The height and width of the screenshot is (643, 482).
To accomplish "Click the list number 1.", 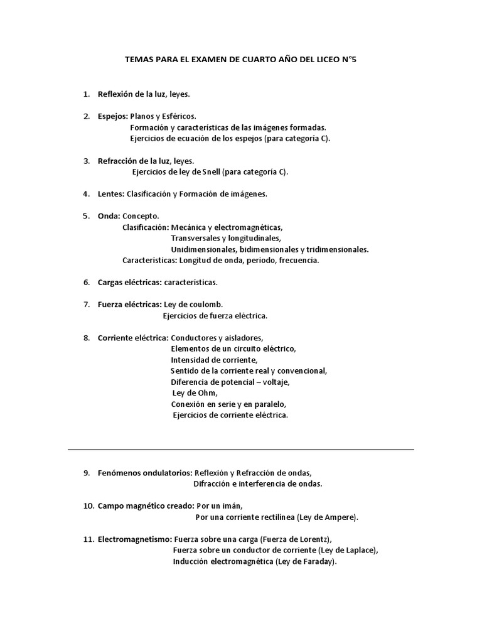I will (x=86, y=94).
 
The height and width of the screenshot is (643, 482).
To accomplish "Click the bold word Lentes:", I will (x=111, y=194).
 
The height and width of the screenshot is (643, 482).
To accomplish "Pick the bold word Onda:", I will (x=109, y=216).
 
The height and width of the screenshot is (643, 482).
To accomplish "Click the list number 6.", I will (x=86, y=282).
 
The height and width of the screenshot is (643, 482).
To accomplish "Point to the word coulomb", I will (x=205, y=305).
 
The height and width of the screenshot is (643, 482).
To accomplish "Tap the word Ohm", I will (x=208, y=392).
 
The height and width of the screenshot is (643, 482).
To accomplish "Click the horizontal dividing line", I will (x=240, y=450).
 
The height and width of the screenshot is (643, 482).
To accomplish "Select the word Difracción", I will (x=213, y=484).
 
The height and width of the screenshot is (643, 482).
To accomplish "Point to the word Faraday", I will (x=319, y=561).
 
